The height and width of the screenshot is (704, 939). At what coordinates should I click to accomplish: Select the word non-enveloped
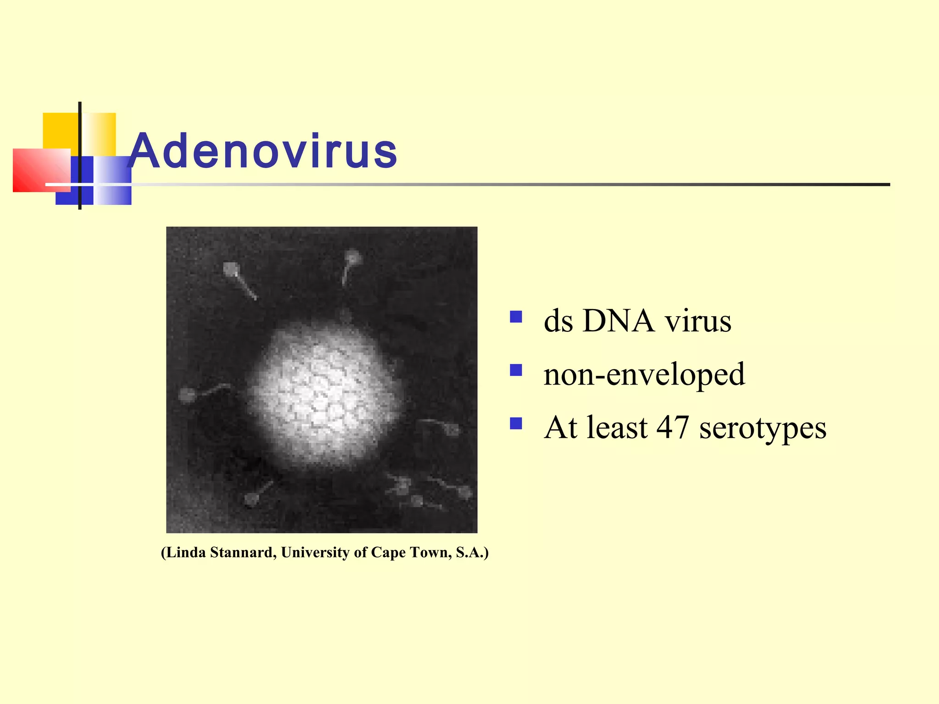pyautogui.click(x=644, y=374)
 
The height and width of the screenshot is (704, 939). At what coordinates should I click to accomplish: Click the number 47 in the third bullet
pyautogui.click(x=673, y=427)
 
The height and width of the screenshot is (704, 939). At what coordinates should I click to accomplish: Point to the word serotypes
pyautogui.click(x=762, y=428)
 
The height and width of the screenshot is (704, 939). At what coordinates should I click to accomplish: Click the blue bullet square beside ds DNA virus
pyautogui.click(x=516, y=317)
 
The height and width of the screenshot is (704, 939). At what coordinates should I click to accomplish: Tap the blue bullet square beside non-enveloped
pyautogui.click(x=516, y=370)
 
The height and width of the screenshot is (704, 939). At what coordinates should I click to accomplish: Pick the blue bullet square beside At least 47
pyautogui.click(x=516, y=423)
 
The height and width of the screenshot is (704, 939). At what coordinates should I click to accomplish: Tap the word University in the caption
pyautogui.click(x=315, y=552)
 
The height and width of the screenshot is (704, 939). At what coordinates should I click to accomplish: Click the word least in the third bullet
pyautogui.click(x=618, y=427)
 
